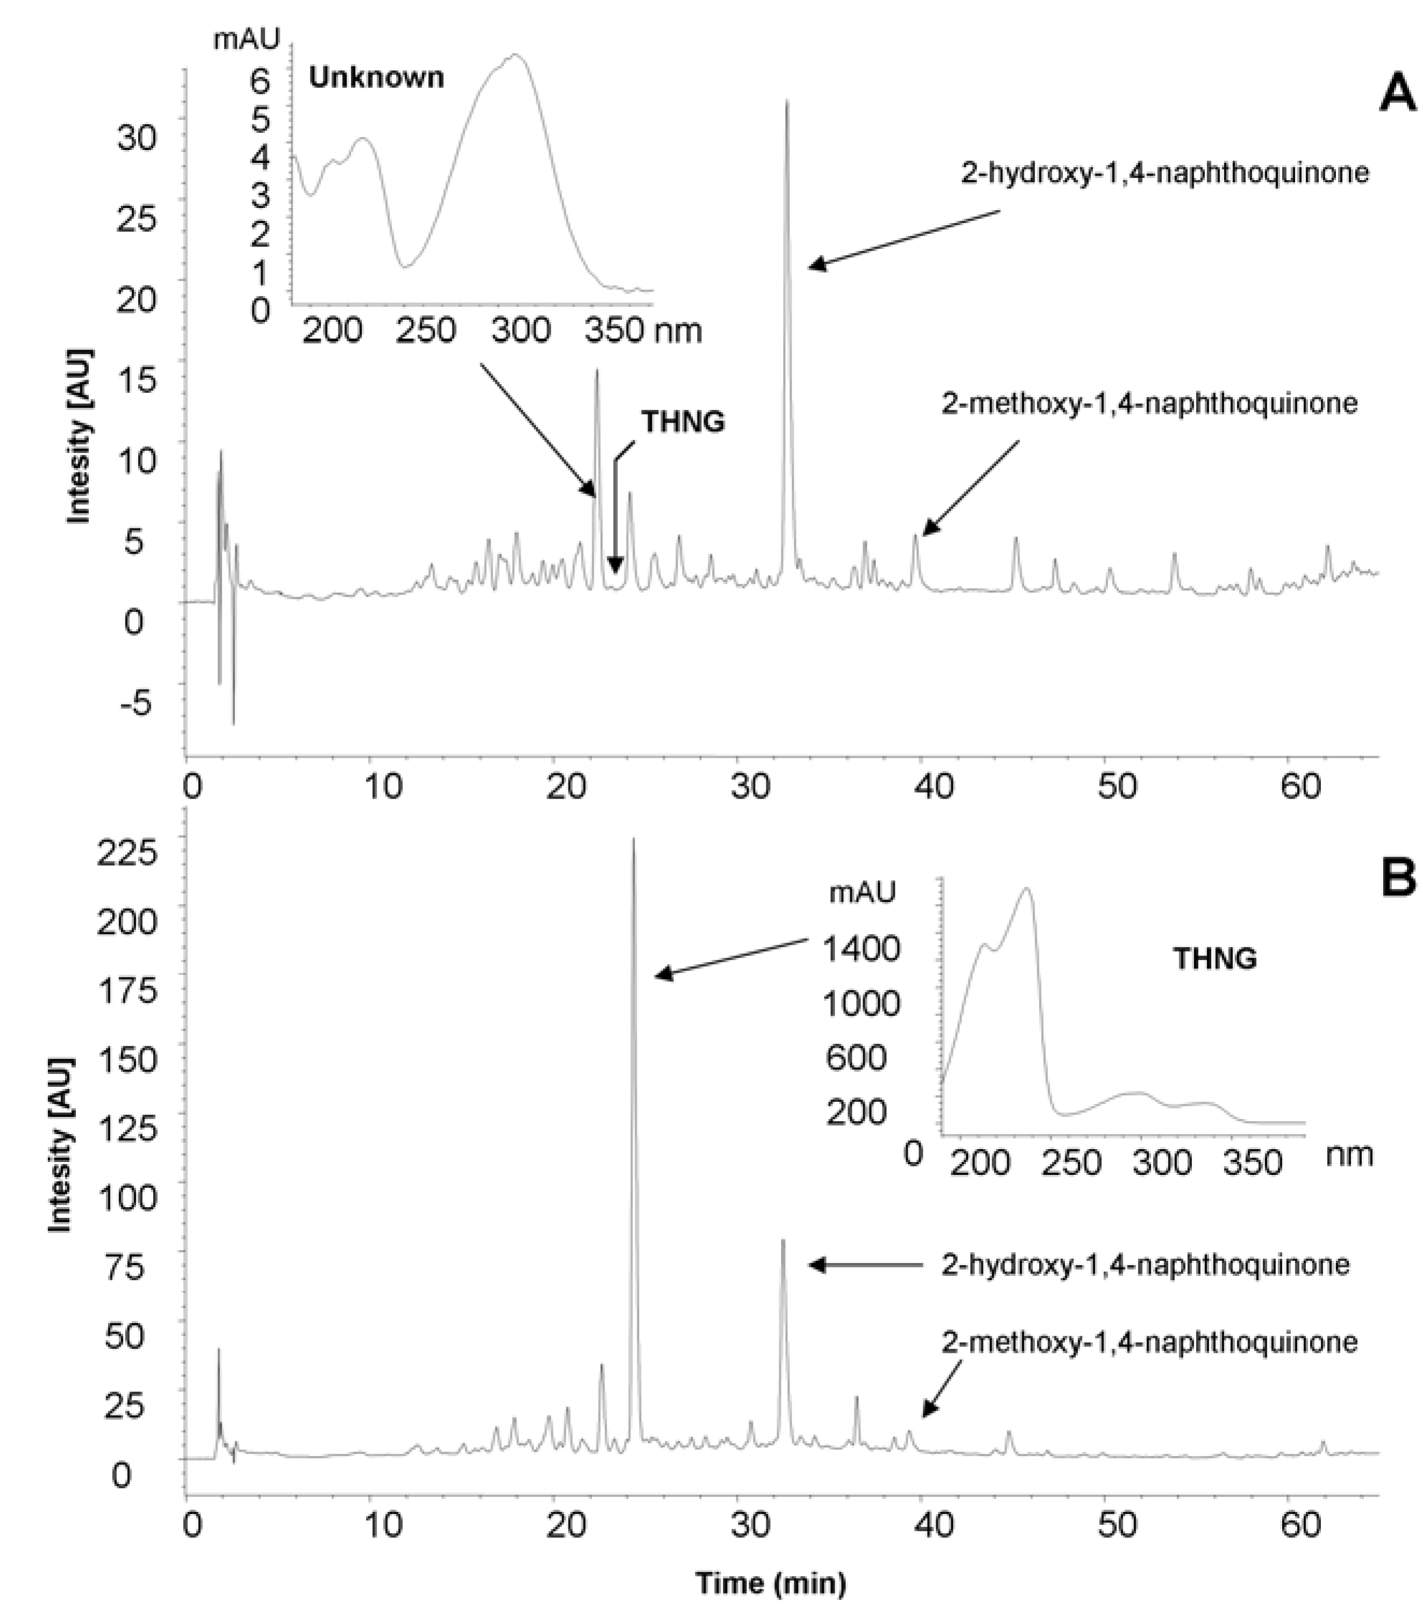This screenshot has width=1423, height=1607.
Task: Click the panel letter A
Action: click(x=1399, y=97)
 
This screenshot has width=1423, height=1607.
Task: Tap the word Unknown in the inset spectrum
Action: click(x=376, y=77)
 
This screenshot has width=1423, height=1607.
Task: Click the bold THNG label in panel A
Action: click(x=682, y=422)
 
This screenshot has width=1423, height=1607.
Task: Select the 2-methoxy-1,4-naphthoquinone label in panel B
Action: click(x=1149, y=1342)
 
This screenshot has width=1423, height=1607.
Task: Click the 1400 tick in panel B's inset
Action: click(x=861, y=950)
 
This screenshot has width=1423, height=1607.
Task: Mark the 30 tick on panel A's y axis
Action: click(x=135, y=138)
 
